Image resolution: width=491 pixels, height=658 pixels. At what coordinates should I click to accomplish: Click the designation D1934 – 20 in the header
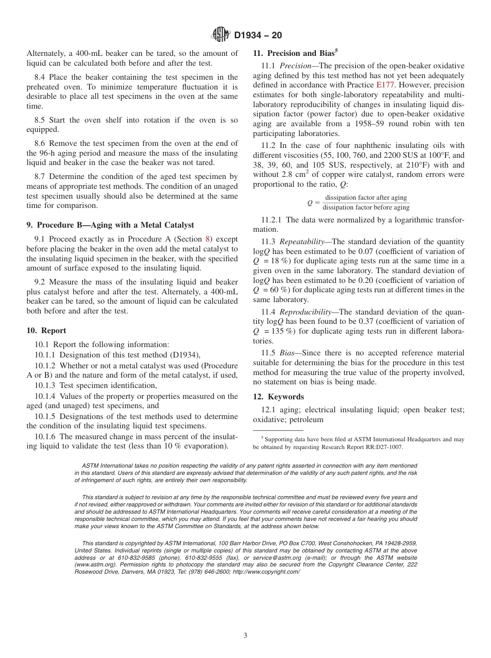point(258,36)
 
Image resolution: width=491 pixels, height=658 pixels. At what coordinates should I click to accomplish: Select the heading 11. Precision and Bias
point(295,53)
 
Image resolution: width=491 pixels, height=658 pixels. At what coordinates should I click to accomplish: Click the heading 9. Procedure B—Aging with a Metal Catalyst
point(110,225)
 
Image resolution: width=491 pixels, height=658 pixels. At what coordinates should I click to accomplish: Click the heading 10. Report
point(46,331)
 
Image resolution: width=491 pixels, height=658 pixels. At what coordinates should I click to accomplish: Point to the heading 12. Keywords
point(278,397)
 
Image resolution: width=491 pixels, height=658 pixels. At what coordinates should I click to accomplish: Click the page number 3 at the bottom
point(245,635)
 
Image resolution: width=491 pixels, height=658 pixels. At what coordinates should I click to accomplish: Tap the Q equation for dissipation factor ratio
point(358,203)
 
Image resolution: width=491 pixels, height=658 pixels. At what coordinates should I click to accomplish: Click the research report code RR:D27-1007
point(380,447)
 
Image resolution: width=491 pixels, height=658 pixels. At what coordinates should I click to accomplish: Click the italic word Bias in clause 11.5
point(286,353)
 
